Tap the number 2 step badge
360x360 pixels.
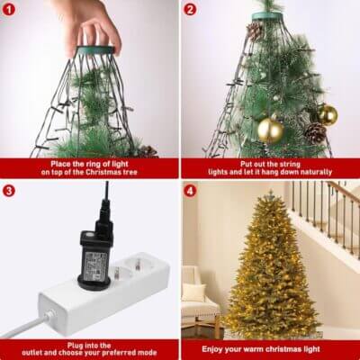[x=190, y=11]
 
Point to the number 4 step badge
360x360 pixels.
[x=190, y=191]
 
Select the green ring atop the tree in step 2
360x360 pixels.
[x=269, y=16]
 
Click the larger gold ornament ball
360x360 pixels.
[x=270, y=130]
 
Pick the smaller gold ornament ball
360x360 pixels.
[x=327, y=114]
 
